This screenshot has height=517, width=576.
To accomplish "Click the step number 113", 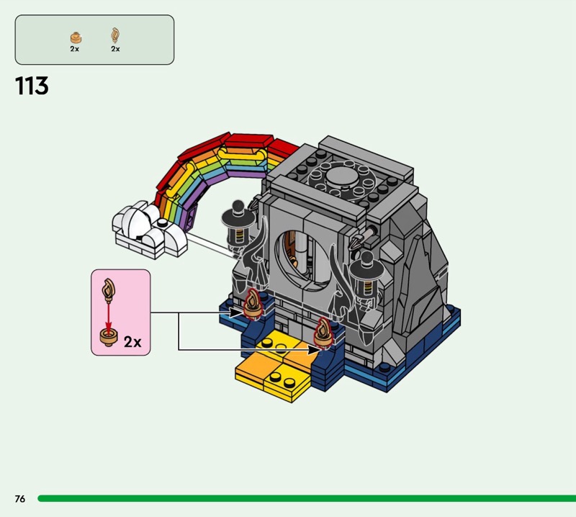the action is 32,86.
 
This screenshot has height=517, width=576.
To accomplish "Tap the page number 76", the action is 20,498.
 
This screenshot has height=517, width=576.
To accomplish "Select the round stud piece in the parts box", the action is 76,38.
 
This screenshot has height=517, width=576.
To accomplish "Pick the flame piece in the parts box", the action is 115,35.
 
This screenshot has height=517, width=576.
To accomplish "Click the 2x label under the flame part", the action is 115,49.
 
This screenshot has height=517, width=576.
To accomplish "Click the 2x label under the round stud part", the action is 75,49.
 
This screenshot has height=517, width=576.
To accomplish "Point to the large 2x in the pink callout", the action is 132,342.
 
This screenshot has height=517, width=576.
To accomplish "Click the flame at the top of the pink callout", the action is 109,289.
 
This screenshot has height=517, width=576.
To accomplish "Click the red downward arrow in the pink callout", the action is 109,316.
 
